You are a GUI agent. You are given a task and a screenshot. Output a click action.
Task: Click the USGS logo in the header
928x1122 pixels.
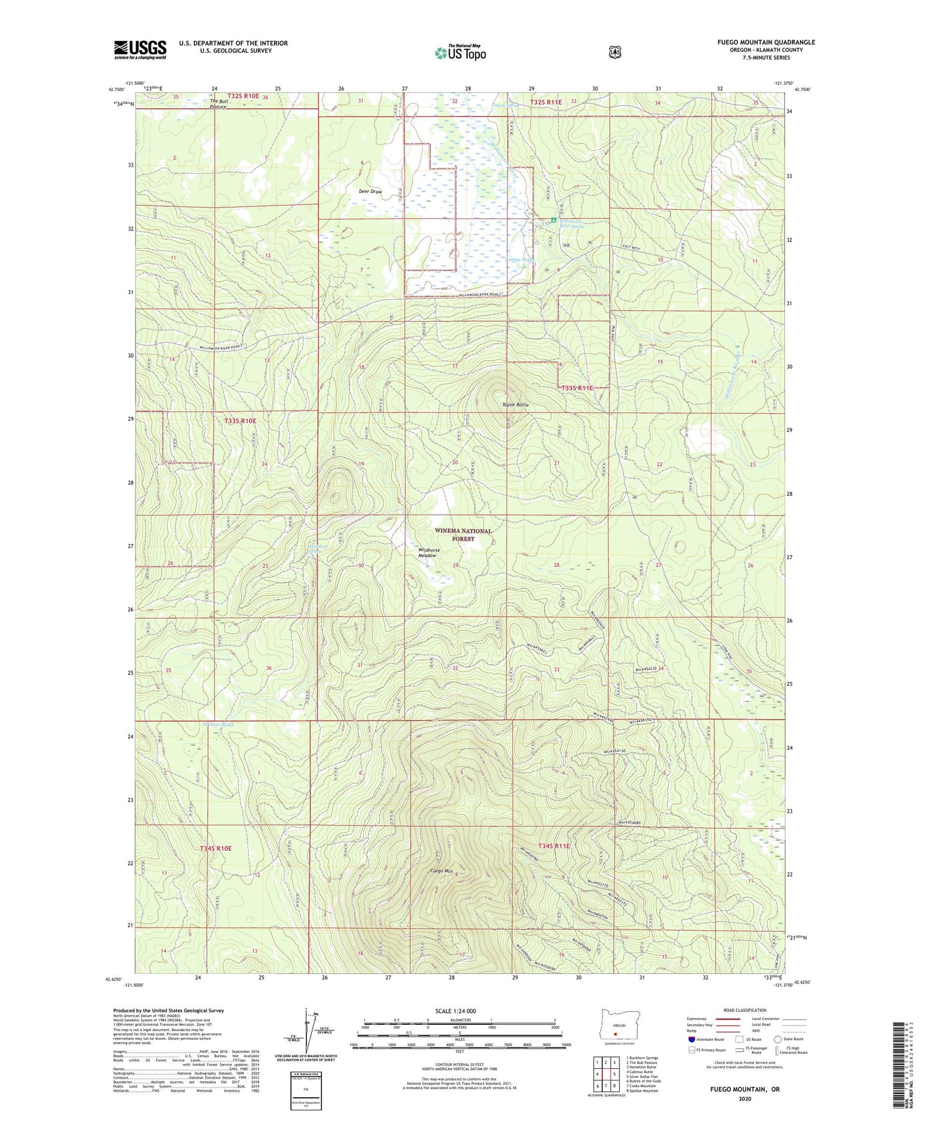pos(140,50)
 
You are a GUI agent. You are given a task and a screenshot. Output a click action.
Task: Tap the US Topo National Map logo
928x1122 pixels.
pos(460,53)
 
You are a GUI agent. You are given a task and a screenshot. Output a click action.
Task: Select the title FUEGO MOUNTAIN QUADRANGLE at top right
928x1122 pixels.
pos(766,42)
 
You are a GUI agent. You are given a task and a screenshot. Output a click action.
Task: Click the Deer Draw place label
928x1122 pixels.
pos(370,191)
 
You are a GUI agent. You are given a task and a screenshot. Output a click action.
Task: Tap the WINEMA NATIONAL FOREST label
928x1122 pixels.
pos(463,535)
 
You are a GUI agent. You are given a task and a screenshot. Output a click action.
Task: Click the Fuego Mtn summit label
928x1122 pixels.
pos(442,871)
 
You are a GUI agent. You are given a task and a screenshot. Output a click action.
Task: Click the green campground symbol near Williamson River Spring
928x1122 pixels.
pos(554,220)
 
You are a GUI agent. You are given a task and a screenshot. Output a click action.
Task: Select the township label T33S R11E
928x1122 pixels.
pos(577,387)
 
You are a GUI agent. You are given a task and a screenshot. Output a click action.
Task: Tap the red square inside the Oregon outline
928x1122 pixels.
pos(615,1033)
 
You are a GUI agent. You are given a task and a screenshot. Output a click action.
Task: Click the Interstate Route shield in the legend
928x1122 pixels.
pos(692,1039)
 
